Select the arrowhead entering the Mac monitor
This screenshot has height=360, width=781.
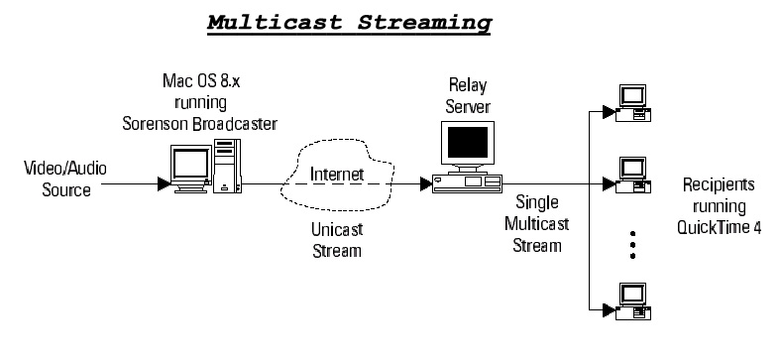pos(163,183)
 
